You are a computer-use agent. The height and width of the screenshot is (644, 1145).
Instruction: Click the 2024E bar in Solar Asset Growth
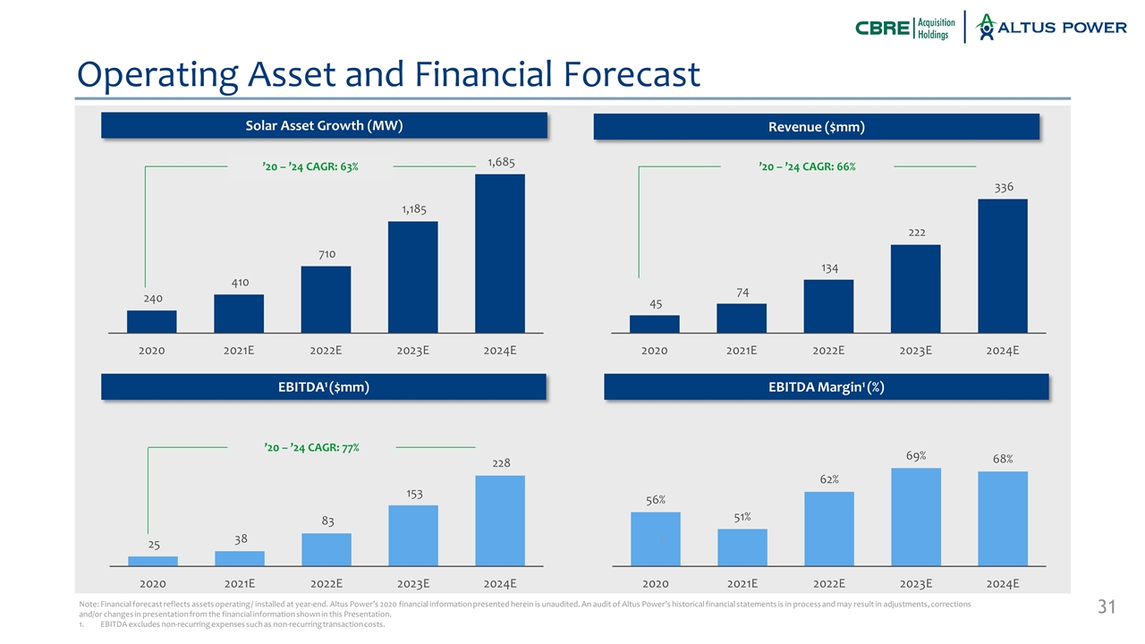click(500, 253)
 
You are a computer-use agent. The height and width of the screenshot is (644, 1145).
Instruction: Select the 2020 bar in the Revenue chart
click(656, 324)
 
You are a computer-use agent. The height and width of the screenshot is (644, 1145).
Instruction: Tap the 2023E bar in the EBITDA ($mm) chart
click(413, 536)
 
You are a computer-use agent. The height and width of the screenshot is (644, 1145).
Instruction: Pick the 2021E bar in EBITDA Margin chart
click(742, 547)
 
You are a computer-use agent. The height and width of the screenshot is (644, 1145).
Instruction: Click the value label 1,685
click(500, 162)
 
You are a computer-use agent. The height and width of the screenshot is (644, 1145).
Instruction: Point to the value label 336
click(1003, 187)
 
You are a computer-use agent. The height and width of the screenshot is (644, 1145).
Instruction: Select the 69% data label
click(916, 456)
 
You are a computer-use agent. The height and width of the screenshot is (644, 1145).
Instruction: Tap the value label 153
click(413, 493)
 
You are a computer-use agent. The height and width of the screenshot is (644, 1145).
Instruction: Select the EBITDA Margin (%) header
click(826, 386)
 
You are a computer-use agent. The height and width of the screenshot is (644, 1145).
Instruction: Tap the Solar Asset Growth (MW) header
click(323, 125)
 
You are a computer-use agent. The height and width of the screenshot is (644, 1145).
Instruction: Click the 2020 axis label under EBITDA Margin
click(656, 584)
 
